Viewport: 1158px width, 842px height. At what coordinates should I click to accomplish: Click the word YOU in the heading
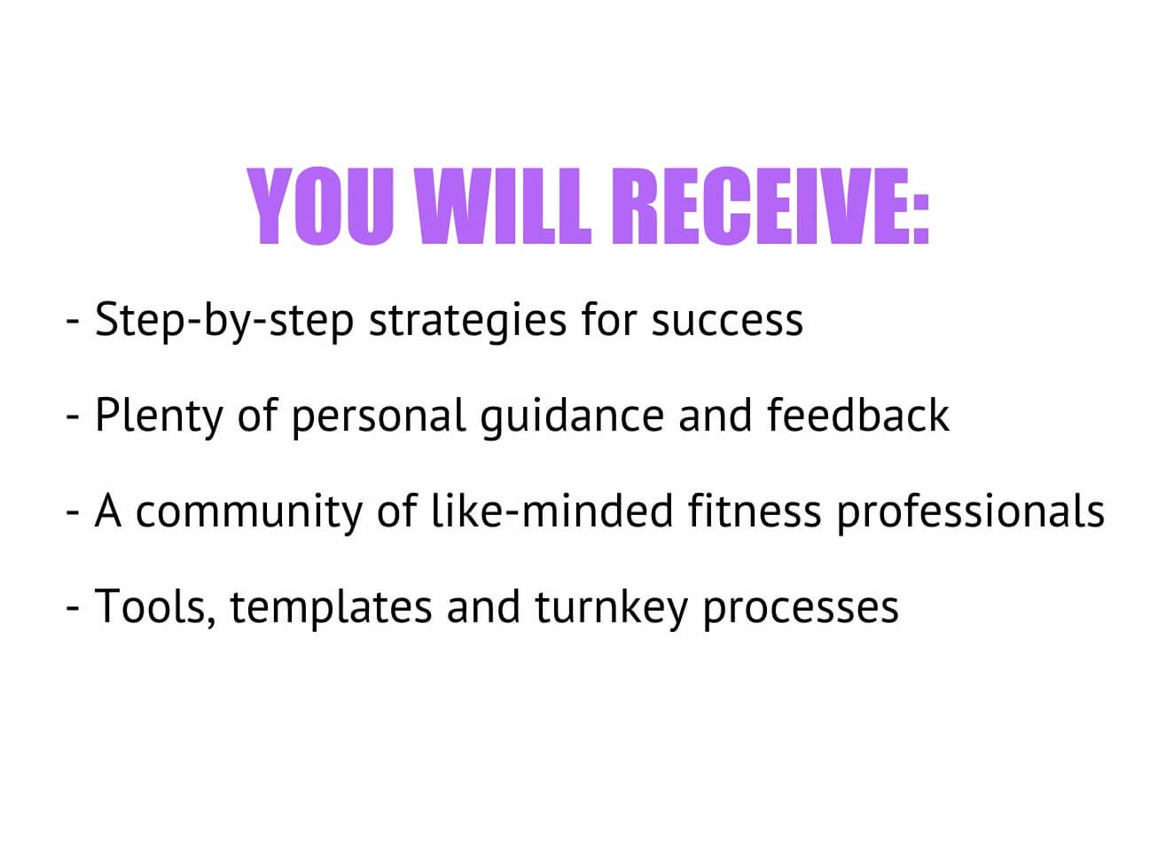(x=320, y=206)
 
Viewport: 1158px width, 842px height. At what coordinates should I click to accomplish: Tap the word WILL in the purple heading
(x=506, y=206)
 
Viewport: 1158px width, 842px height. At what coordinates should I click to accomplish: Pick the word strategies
(x=468, y=322)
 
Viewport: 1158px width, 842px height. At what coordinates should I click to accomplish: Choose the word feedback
(x=858, y=415)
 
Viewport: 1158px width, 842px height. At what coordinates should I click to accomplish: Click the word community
(x=249, y=512)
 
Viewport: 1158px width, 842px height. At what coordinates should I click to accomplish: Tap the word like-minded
(x=552, y=511)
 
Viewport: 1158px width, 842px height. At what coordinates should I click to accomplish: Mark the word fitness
(x=755, y=511)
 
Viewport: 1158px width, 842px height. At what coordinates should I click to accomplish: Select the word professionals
(x=970, y=512)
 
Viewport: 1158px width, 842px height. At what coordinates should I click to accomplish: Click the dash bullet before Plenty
(x=73, y=417)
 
